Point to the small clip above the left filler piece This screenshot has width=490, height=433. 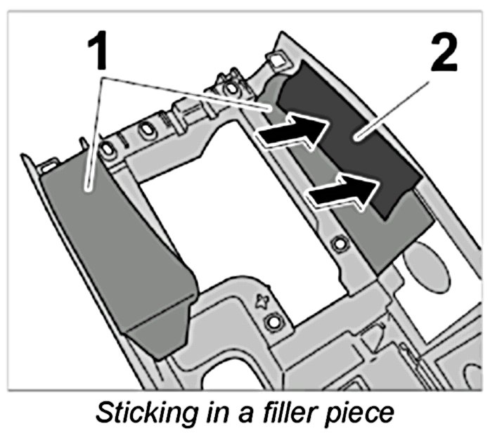49,163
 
